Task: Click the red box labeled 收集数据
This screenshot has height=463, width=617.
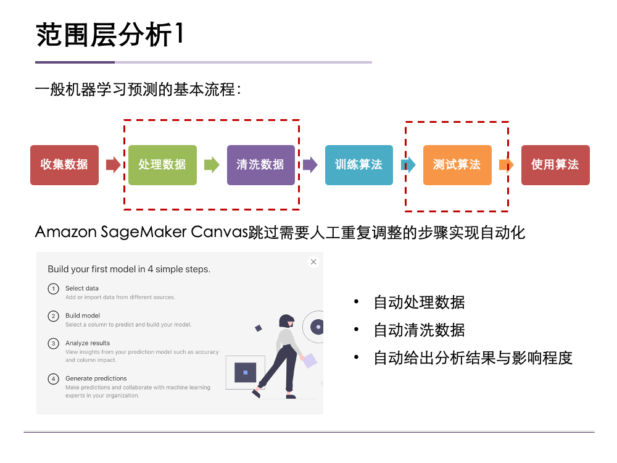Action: tap(64, 165)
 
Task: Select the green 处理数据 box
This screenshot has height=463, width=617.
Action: tap(162, 165)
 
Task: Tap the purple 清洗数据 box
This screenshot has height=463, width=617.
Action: tap(260, 165)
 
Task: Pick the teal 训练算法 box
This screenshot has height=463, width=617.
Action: tap(358, 165)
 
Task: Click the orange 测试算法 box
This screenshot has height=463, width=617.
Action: tap(457, 165)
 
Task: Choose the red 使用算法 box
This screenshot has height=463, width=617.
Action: tap(555, 165)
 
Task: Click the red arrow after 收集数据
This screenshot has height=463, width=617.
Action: tap(114, 165)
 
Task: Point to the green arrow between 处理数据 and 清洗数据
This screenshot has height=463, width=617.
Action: tap(212, 165)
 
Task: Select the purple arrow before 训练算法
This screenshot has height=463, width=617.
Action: tap(310, 165)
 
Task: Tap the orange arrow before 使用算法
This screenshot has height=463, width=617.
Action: tap(507, 165)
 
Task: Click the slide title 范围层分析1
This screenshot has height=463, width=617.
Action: tap(110, 35)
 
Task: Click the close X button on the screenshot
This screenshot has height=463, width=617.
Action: tap(313, 262)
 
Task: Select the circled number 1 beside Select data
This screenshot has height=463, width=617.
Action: tap(54, 288)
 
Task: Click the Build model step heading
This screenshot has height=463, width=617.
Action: tap(83, 315)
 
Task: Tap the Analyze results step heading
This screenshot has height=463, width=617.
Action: tap(88, 343)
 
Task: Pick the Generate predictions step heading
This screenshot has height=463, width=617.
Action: tap(96, 378)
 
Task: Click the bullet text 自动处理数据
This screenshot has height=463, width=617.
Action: tap(419, 302)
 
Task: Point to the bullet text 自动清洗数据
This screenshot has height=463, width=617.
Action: tap(419, 330)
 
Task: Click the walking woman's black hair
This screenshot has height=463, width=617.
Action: tap(286, 321)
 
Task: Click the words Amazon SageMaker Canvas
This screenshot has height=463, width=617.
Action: tap(141, 232)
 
